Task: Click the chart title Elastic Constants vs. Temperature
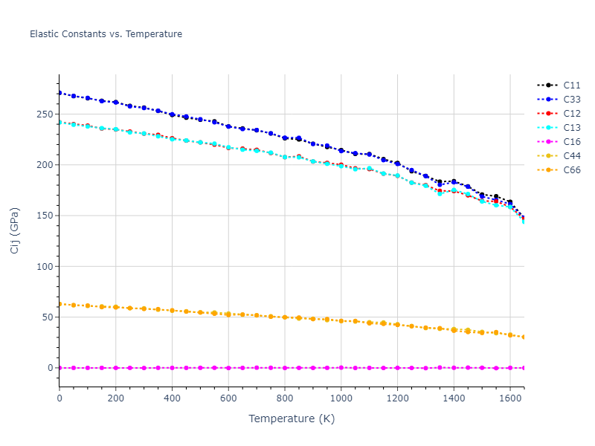pyautogui.click(x=106, y=34)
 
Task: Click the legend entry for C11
pyautogui.click(x=572, y=85)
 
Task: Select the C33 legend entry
pyautogui.click(x=572, y=99)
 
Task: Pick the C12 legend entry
pyautogui.click(x=572, y=113)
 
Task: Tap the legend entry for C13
pyautogui.click(x=572, y=127)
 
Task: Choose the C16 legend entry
pyautogui.click(x=572, y=141)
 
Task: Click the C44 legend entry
pyautogui.click(x=572, y=155)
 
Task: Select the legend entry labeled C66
pyautogui.click(x=572, y=169)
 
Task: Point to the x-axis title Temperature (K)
pyautogui.click(x=292, y=418)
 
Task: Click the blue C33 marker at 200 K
pyautogui.click(x=116, y=103)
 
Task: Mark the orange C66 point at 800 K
pyautogui.click(x=285, y=317)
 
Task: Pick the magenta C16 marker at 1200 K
pyautogui.click(x=397, y=368)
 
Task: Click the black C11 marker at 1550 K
pyautogui.click(x=496, y=197)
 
